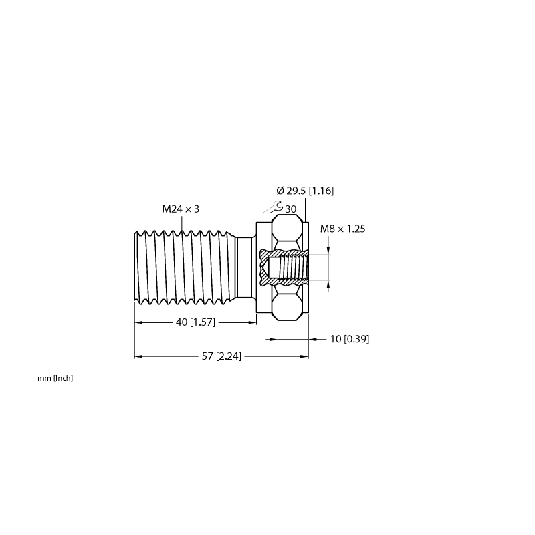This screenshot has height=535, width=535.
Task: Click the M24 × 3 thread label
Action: point(181,209)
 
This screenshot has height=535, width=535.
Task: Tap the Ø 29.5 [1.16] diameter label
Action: point(305,191)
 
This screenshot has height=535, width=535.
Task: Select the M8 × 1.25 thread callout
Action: point(342,229)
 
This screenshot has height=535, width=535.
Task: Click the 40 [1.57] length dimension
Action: point(195,322)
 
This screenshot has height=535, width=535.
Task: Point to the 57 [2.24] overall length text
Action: point(221,356)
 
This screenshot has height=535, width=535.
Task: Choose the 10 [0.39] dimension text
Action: point(350,339)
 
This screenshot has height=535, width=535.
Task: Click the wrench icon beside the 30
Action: point(274,207)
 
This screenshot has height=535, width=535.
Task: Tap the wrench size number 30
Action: point(290,209)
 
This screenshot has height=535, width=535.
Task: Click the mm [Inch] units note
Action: point(56,378)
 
